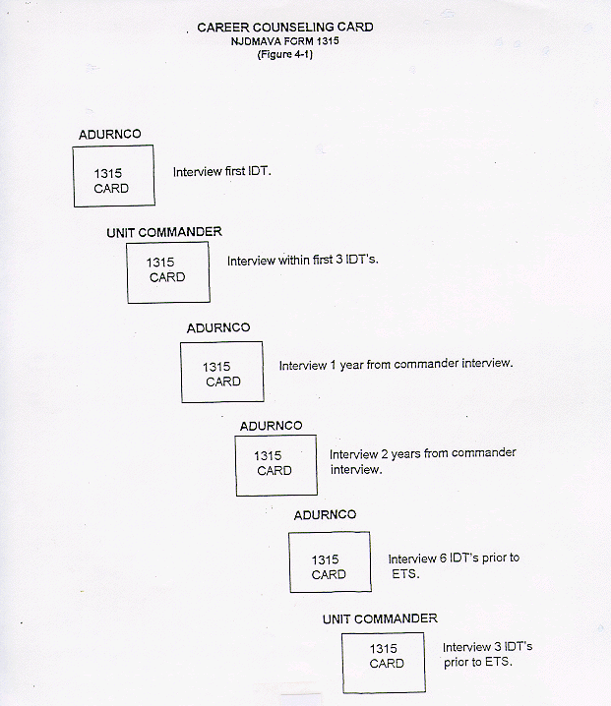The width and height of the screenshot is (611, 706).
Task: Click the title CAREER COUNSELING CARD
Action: [285, 28]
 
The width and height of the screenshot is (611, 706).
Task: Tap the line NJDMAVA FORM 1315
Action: [284, 41]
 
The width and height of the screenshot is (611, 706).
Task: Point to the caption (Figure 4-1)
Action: [284, 54]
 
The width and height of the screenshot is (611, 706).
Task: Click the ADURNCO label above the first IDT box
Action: [110, 134]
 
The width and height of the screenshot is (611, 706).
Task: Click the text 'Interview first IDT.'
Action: [222, 171]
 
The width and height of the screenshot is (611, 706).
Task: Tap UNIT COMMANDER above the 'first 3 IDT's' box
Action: [164, 232]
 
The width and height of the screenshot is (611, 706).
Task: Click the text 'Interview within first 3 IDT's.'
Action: [303, 261]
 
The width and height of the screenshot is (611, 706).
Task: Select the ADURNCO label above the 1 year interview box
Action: [218, 328]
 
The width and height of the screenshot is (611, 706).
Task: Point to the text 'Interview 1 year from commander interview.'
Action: [397, 364]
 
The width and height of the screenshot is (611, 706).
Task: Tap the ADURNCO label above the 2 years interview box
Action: [272, 426]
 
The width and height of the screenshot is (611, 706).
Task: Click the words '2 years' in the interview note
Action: [400, 454]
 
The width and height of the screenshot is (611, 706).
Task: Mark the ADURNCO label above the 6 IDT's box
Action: [325, 515]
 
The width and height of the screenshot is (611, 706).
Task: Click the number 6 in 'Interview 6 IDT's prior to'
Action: [443, 559]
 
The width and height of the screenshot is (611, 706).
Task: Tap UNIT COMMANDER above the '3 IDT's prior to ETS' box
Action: [380, 619]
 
